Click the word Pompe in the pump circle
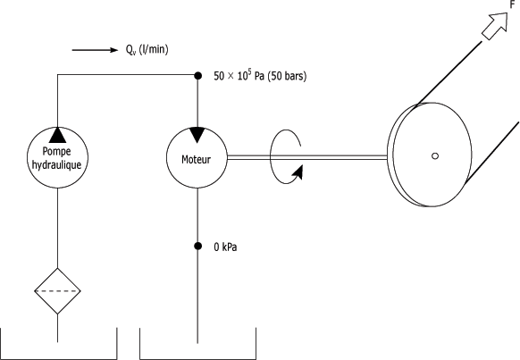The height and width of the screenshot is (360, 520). click(x=56, y=152)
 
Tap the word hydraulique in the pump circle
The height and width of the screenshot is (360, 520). click(x=56, y=164)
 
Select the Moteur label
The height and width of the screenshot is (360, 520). click(x=196, y=159)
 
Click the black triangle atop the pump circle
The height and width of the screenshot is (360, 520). click(x=58, y=135)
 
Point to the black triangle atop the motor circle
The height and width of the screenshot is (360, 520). click(x=197, y=135)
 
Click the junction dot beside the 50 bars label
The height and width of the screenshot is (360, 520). click(x=197, y=76)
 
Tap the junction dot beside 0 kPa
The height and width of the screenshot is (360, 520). click(x=197, y=246)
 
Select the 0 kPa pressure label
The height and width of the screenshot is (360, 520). click(x=225, y=247)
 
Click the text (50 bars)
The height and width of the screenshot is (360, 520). click(x=287, y=76)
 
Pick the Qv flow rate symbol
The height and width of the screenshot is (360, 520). click(x=130, y=50)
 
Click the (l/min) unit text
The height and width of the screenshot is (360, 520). click(x=154, y=49)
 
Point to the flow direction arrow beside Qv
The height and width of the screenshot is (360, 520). click(x=95, y=50)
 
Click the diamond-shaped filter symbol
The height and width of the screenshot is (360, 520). click(x=58, y=291)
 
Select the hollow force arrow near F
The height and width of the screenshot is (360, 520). click(x=495, y=26)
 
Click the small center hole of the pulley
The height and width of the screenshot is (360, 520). click(x=435, y=155)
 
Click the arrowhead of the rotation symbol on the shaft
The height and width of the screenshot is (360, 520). click(x=298, y=172)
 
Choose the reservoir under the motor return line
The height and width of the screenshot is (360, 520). click(x=198, y=358)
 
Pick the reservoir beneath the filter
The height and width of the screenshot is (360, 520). click(x=59, y=358)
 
